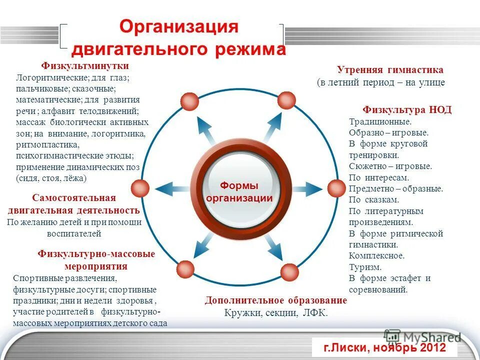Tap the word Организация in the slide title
pyautogui.click(x=178, y=27)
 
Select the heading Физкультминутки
pyautogui.click(x=85, y=66)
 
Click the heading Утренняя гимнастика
pyautogui.click(x=390, y=70)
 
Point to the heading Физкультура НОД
pyautogui.click(x=407, y=110)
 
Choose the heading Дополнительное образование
pyautogui.click(x=275, y=300)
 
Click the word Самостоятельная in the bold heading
pyautogui.click(x=73, y=198)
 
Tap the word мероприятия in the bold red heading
pyautogui.click(x=95, y=266)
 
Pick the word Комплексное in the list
pyautogui.click(x=376, y=256)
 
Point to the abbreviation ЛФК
pyautogui.click(x=315, y=313)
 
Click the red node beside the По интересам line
pyautogui.click(x=336, y=188)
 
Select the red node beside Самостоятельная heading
pyautogui.click(x=140, y=188)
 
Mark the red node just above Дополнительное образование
pyautogui.click(x=289, y=272)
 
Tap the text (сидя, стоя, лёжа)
pyautogui.click(x=51, y=178)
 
